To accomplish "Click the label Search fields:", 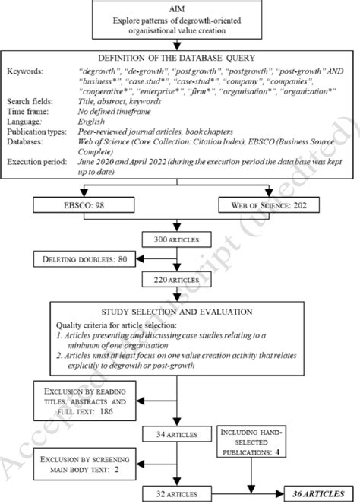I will pyautogui.click(x=29, y=102).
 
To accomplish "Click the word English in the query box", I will pyautogui.click(x=92, y=122).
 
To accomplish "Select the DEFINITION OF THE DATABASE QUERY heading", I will pyautogui.click(x=177, y=58).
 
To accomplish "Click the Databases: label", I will pyautogui.click(x=27, y=141).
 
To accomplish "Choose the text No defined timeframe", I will pyautogui.click(x=115, y=112).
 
